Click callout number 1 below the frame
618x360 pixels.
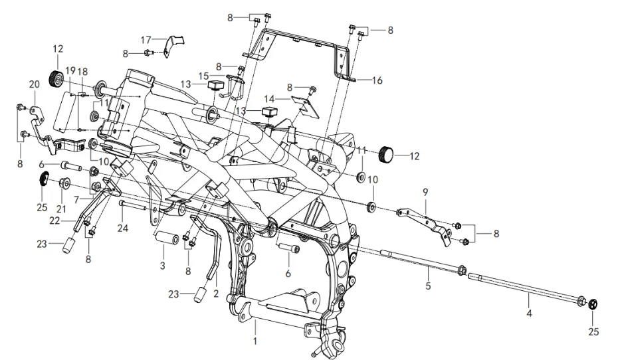coord(255,342)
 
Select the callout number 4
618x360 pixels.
coord(529,312)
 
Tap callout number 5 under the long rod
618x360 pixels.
coord(429,287)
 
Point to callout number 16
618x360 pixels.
coord(377,80)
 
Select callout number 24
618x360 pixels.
coord(121,229)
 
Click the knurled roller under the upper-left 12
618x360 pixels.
coord(56,78)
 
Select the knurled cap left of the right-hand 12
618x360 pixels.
coord(386,155)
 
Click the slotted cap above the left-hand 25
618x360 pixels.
coord(43,178)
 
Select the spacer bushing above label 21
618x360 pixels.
coord(65,184)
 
